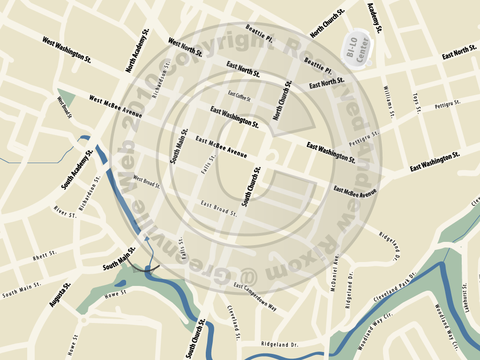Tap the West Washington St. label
coord(67,50)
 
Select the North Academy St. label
coord(137,50)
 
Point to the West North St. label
coord(185,47)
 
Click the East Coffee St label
coord(240,96)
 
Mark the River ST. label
coord(65,212)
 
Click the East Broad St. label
coord(219,209)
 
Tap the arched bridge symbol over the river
coord(145,268)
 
